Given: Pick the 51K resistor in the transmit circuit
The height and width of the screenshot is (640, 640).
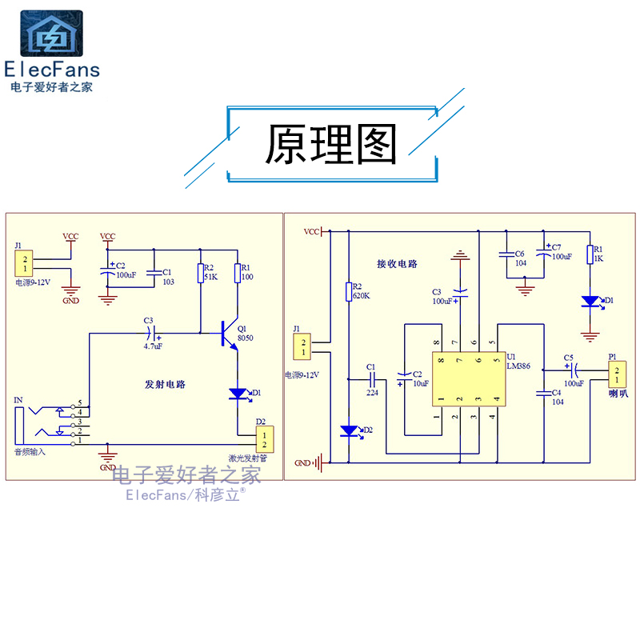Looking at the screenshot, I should (201, 274).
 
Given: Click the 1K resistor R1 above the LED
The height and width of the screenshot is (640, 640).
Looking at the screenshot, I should (590, 254).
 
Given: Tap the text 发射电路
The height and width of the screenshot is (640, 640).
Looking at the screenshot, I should (166, 384).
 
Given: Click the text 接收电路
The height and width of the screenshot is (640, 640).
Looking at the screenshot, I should (398, 263).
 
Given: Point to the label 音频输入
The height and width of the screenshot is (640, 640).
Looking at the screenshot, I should (30, 452).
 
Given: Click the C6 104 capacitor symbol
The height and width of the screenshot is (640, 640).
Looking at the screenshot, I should (506, 255).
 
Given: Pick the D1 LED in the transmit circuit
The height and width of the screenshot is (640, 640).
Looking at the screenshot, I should (238, 393).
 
